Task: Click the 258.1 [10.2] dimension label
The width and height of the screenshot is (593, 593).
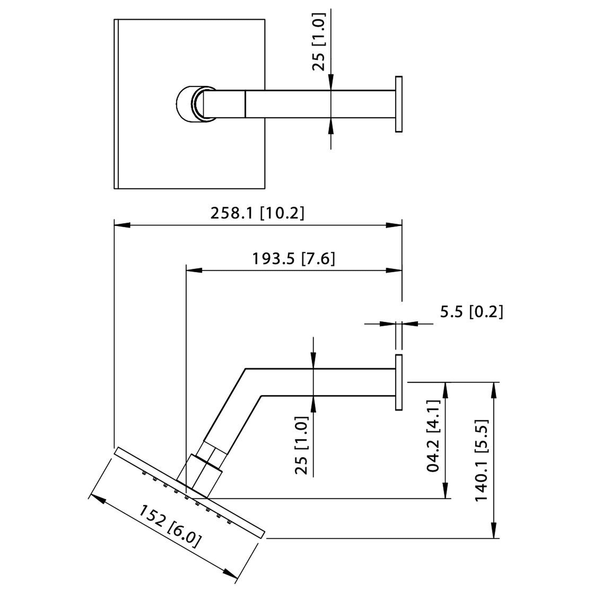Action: pos(257,213)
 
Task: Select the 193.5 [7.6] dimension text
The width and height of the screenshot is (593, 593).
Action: pos(293,259)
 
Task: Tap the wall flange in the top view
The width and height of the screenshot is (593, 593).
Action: pos(398,104)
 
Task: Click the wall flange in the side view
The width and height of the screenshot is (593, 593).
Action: pos(398,382)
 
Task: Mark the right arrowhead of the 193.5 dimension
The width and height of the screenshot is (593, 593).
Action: pos(393,270)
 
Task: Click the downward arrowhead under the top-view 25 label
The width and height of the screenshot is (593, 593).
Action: pos(331,83)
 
